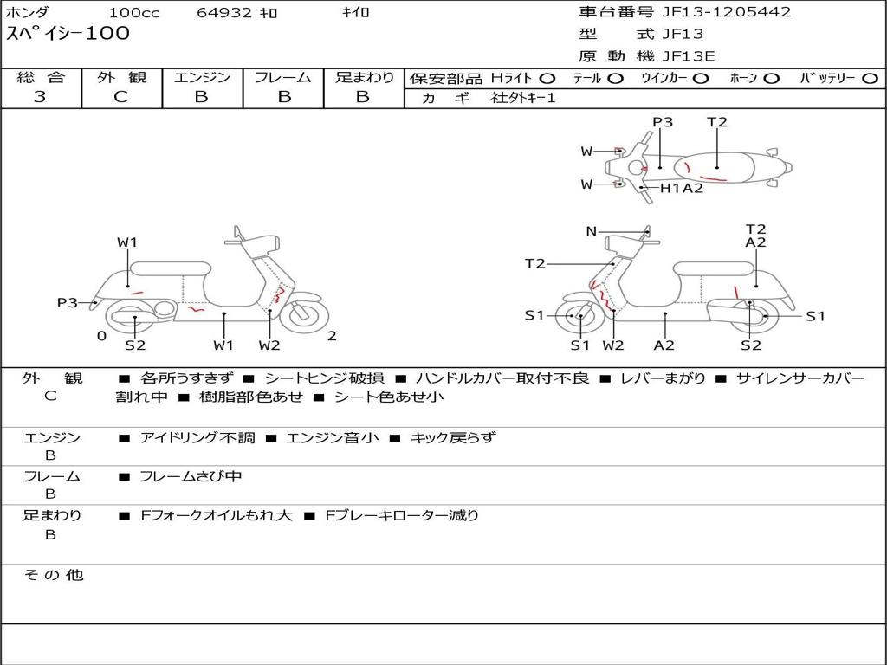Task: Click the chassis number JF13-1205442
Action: (x=727, y=12)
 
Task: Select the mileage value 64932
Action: (x=224, y=12)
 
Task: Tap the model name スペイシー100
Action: (x=68, y=34)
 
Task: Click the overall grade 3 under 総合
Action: (x=40, y=97)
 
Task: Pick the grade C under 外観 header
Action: (x=121, y=97)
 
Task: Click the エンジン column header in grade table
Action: (x=202, y=77)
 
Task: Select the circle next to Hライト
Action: (x=547, y=79)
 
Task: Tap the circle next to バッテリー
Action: (x=870, y=79)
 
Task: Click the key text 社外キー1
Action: (x=523, y=98)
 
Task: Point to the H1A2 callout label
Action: (x=682, y=188)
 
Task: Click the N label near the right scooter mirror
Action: (x=591, y=231)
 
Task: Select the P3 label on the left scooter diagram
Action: (x=68, y=302)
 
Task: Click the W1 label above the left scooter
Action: (x=127, y=242)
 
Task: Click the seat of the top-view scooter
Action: (x=714, y=167)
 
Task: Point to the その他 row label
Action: (x=53, y=575)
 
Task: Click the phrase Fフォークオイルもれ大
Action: (x=216, y=516)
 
